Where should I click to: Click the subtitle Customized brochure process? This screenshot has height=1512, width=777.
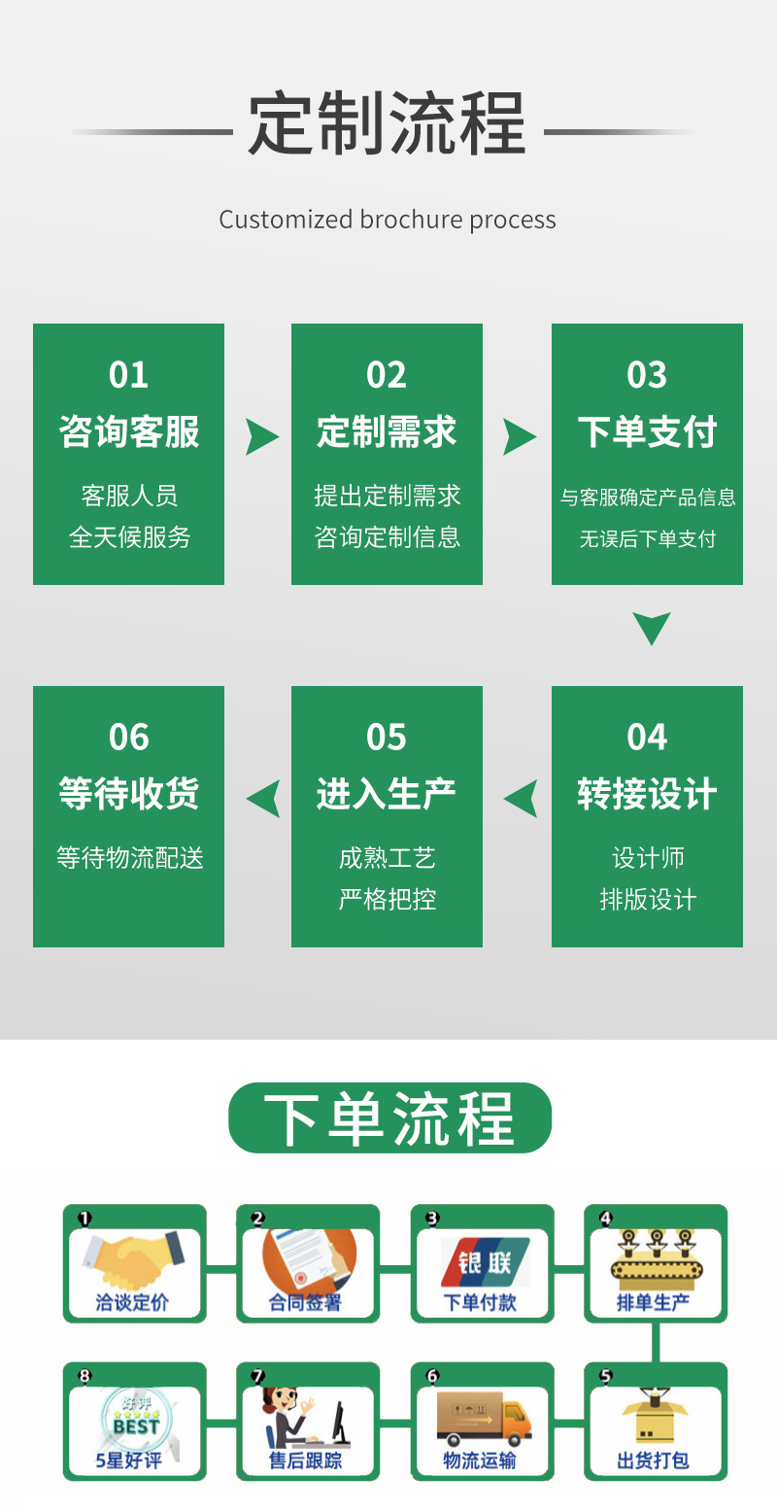[x=387, y=220]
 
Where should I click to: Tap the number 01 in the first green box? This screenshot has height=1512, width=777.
[x=128, y=375]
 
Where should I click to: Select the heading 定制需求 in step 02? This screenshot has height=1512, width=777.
[x=387, y=432]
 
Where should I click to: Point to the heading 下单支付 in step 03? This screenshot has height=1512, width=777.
[x=647, y=432]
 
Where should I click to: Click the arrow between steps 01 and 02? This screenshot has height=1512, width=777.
[x=260, y=437]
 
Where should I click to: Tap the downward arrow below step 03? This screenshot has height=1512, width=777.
[x=651, y=628]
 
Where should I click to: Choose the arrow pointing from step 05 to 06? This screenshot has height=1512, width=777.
[x=263, y=799]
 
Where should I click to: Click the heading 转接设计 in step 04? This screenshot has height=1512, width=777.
[x=647, y=794]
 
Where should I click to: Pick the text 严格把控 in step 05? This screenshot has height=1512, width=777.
[x=387, y=899]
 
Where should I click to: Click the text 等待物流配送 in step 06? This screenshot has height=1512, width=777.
[x=129, y=858]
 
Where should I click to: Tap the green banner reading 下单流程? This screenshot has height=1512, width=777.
[x=389, y=1118]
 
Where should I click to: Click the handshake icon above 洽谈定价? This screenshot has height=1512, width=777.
[x=134, y=1259]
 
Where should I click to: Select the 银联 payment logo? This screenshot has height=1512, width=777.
[x=483, y=1262]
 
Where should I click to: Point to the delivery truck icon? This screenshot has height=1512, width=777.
[x=483, y=1419]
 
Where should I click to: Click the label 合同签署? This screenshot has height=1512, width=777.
[x=306, y=1303]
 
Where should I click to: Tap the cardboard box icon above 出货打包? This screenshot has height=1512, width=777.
[x=655, y=1417]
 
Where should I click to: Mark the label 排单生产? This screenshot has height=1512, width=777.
[x=654, y=1303]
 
